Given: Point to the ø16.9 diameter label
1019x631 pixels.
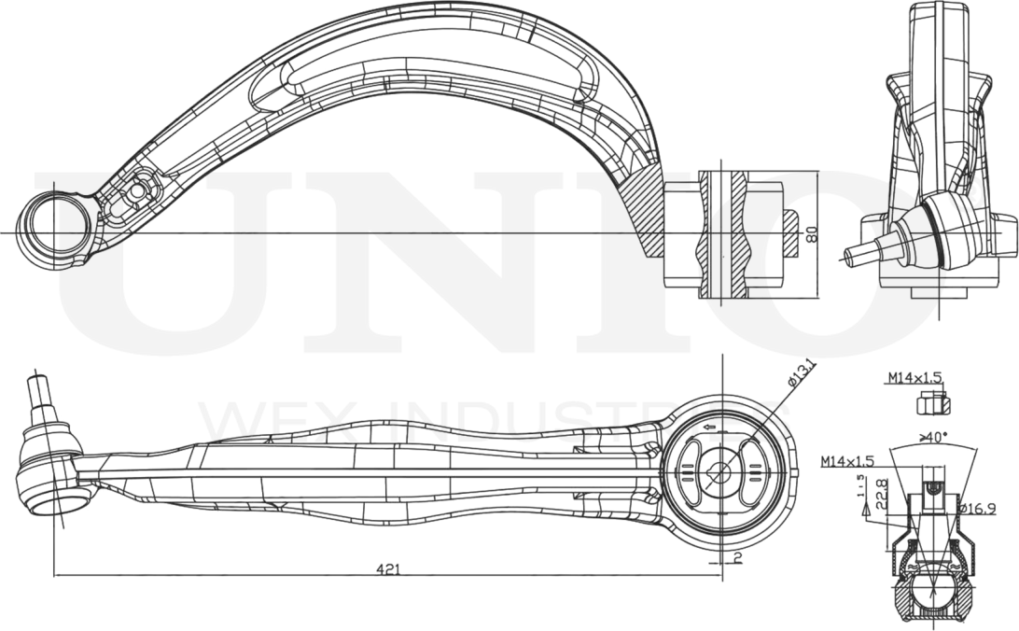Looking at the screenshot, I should [x=979, y=509].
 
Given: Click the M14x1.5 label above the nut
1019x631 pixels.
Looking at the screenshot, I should [x=914, y=378].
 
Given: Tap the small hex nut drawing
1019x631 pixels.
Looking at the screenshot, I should [x=929, y=403].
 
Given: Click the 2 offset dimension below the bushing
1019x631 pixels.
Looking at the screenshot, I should [x=737, y=558].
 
